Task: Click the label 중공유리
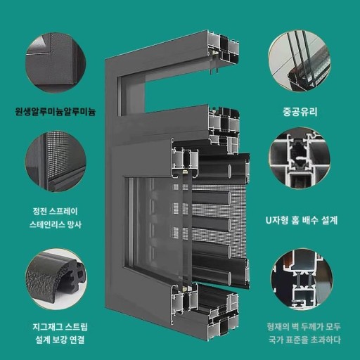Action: (300, 112)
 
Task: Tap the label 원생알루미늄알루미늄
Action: (56, 111)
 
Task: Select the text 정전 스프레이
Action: (56, 211)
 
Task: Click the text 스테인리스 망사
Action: (56, 224)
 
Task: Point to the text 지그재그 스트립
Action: (60, 327)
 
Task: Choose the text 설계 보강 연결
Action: (60, 340)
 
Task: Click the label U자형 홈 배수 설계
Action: (302, 220)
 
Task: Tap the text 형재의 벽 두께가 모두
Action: (304, 327)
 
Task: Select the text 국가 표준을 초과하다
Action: (304, 340)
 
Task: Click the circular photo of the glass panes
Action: (300, 62)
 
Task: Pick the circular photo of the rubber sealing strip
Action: (56, 279)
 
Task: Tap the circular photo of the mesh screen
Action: (56, 162)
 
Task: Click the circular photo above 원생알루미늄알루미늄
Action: (56, 63)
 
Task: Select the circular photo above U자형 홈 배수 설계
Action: (300, 158)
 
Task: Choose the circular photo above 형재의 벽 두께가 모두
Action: (302, 279)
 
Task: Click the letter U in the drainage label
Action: (269, 220)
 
